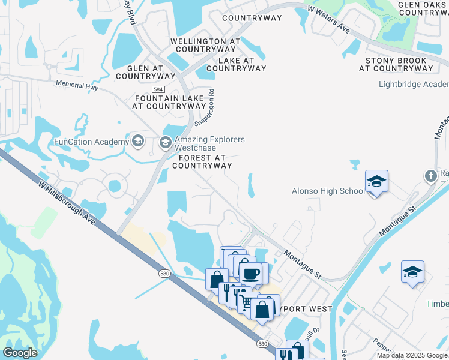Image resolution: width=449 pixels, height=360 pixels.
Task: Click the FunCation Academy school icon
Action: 138,142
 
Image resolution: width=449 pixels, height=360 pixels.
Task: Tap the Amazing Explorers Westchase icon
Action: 165,143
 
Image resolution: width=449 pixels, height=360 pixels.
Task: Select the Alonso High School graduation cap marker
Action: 376,181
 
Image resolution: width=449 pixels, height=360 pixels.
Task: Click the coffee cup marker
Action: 250,274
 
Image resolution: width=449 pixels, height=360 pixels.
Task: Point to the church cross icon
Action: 430,176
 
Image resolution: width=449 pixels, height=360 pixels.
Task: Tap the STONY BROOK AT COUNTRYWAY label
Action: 396,64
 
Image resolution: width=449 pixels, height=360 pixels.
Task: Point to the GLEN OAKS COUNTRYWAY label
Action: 423,8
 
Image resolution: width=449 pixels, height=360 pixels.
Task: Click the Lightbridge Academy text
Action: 414,84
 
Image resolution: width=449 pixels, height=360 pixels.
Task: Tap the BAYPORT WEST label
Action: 303,308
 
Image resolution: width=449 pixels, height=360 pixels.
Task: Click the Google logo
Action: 20,353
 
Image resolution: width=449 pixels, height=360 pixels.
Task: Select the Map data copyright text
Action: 411,355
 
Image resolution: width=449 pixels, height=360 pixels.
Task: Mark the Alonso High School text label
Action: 328,191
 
